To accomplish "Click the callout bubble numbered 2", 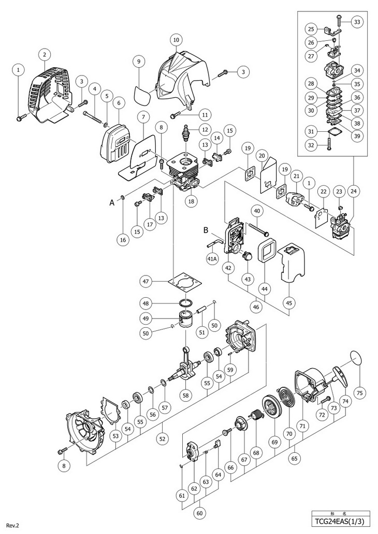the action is click(45, 54).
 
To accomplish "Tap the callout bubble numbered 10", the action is click(176, 39).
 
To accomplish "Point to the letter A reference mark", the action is click(112, 203).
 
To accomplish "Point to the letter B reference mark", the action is click(206, 230).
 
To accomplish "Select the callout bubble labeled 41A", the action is click(212, 259).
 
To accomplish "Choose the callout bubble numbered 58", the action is click(185, 395).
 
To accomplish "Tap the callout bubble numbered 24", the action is click(354, 191).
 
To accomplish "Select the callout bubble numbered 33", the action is click(357, 22).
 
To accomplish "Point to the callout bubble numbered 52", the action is click(162, 439).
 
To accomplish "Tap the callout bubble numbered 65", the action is click(295, 458).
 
